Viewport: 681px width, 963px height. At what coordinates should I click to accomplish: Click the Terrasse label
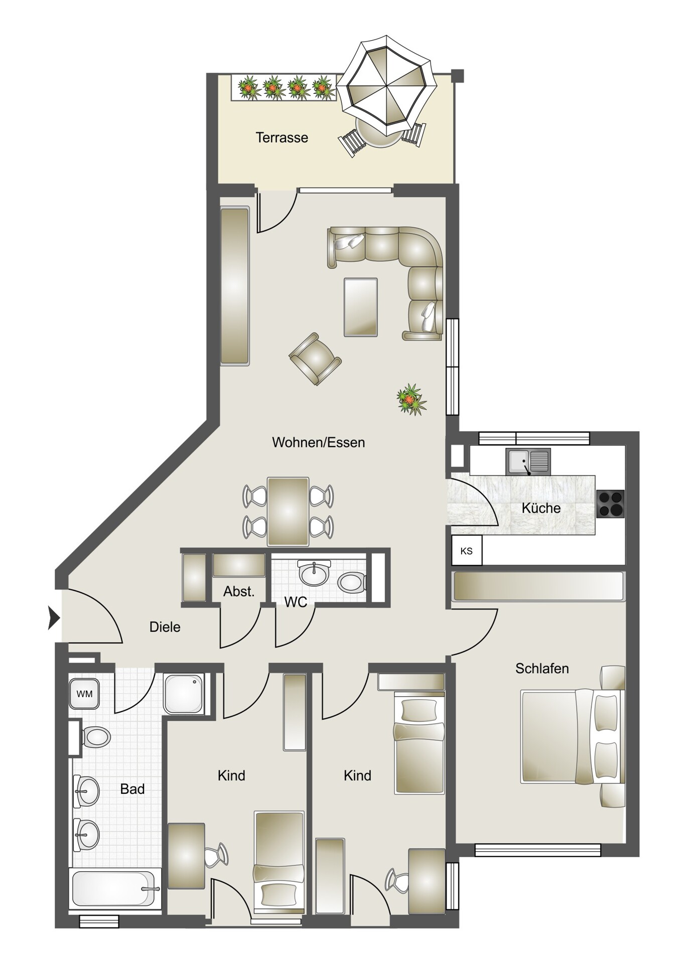point(282,137)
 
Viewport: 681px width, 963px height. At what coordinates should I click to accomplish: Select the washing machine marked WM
point(84,694)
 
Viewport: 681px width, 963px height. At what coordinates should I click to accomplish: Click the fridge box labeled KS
point(467,551)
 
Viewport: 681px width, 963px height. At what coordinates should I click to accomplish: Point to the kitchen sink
point(528,461)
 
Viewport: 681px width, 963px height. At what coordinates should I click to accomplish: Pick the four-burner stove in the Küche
point(610,504)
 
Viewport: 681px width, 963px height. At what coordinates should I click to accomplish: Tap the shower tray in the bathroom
point(184,694)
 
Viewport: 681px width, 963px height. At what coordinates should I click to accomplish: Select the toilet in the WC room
point(352,583)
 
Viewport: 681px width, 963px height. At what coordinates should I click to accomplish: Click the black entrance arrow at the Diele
point(54,617)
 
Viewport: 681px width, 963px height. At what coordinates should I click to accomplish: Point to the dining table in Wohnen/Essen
point(288,512)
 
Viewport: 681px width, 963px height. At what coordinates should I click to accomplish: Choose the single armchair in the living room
point(315,359)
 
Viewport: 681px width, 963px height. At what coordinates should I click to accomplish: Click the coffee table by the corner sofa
point(361,307)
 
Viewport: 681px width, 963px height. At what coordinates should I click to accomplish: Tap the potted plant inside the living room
point(412,400)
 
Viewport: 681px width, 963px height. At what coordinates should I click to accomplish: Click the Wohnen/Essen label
point(318,442)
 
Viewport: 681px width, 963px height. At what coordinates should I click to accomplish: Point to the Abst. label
point(239,591)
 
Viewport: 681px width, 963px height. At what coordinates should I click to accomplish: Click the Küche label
point(541,508)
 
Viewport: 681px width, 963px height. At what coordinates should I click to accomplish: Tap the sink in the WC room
point(314,573)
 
